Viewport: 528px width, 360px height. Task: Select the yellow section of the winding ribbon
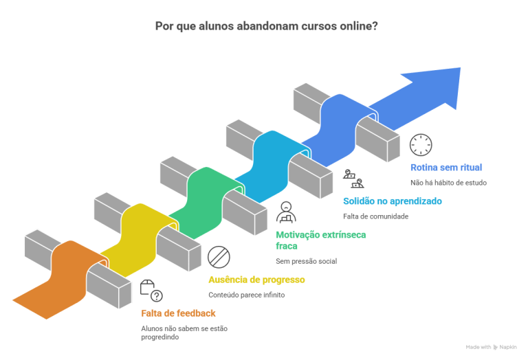point(137,240)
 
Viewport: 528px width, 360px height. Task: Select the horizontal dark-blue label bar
point(467,171)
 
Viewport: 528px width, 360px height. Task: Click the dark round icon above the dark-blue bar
point(422,146)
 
